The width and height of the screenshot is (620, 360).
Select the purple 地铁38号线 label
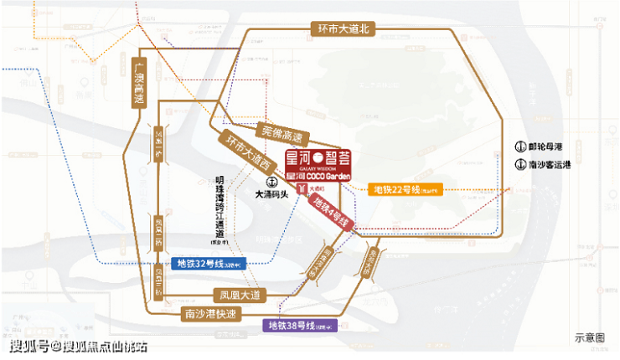tap(300, 324)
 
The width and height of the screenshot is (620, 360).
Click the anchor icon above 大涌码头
tap(271, 181)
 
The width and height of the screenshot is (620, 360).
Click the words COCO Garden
tap(328, 176)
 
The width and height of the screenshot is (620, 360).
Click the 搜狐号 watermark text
tap(28, 345)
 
